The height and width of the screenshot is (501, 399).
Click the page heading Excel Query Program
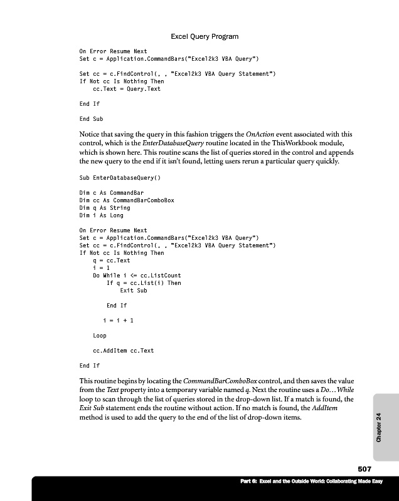[x=205, y=37]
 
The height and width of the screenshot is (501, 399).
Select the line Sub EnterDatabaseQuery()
[x=119, y=178]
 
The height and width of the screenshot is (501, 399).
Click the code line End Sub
[x=91, y=118]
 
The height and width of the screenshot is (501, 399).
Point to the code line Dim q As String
[x=105, y=208]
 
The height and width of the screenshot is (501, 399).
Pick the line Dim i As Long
[x=101, y=215]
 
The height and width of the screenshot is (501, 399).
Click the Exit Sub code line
[x=133, y=291]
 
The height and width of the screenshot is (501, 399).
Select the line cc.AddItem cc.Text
[x=123, y=351]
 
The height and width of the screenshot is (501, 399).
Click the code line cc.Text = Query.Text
[x=126, y=89]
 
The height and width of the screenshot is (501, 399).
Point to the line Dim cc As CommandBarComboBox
[x=127, y=200]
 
